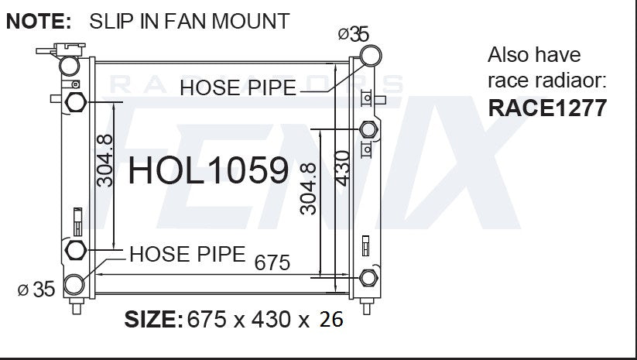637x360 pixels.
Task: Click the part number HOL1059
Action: point(208,170)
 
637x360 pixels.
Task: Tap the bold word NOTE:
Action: point(39,21)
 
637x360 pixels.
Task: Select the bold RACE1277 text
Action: point(547,108)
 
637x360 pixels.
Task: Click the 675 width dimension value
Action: point(272,262)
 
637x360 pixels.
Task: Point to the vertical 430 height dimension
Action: point(342,168)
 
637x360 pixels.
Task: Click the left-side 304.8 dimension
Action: point(104,160)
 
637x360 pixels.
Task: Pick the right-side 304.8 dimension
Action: point(308,189)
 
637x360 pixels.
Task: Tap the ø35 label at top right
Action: point(354,34)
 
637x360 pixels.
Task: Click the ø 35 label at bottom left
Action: point(36,290)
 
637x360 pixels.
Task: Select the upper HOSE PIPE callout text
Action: point(238,87)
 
